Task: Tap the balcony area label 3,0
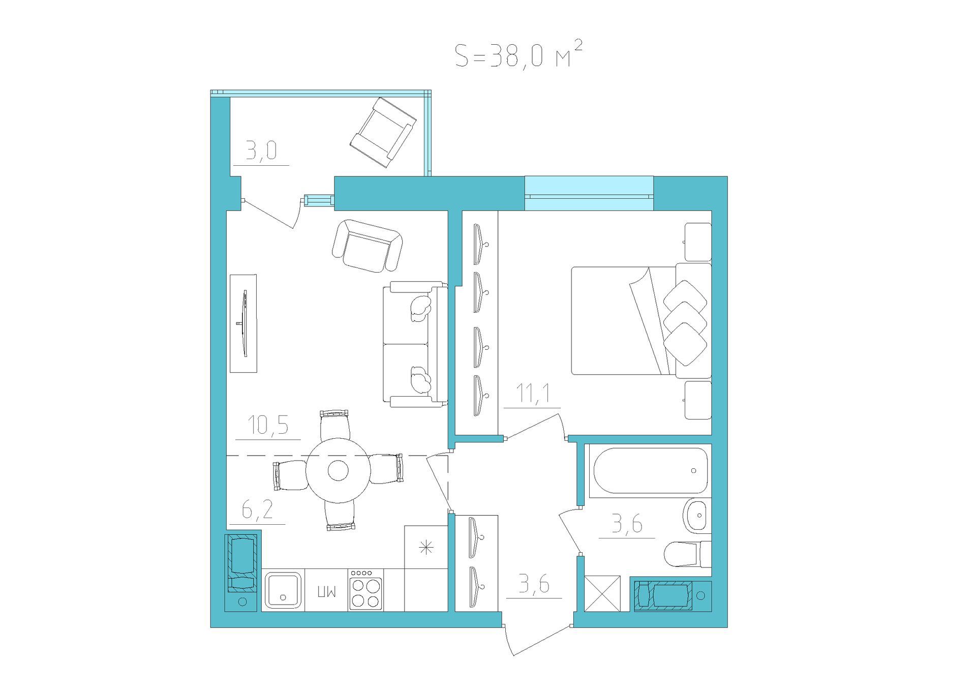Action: pyautogui.click(x=261, y=151)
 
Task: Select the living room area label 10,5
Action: pyautogui.click(x=268, y=425)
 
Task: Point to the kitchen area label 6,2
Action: pyautogui.click(x=257, y=510)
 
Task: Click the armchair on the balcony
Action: pyautogui.click(x=383, y=132)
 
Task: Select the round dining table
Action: pyautogui.click(x=337, y=470)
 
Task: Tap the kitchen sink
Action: pyautogui.click(x=283, y=590)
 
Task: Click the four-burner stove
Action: pyautogui.click(x=365, y=590)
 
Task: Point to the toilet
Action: pyautogui.click(x=688, y=554)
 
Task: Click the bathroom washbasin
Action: pyautogui.click(x=697, y=515)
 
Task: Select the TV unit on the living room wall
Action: pyautogui.click(x=243, y=323)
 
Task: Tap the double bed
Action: pyautogui.click(x=642, y=321)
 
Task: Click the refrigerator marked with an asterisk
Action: pyautogui.click(x=426, y=547)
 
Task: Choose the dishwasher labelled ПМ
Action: pyautogui.click(x=326, y=590)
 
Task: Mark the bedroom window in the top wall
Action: pyautogui.click(x=589, y=193)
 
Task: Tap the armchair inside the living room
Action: pyautogui.click(x=367, y=246)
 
